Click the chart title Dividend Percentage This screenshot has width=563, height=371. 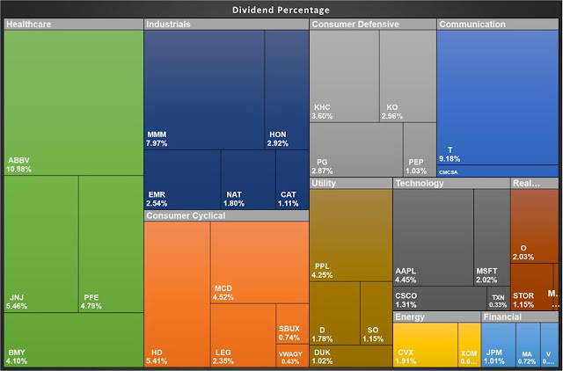pyautogui.click(x=281, y=10)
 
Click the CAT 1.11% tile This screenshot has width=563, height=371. pyautogui.click(x=292, y=179)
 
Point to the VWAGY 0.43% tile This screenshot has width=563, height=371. pyautogui.click(x=290, y=356)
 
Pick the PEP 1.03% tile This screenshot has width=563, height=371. pyautogui.click(x=420, y=149)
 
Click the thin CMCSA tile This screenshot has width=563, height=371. pyautogui.click(x=497, y=171)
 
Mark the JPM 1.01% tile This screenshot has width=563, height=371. pyautogui.click(x=498, y=345)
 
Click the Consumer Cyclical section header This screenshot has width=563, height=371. pyautogui.click(x=226, y=215)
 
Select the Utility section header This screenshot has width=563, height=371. pyautogui.click(x=350, y=183)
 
